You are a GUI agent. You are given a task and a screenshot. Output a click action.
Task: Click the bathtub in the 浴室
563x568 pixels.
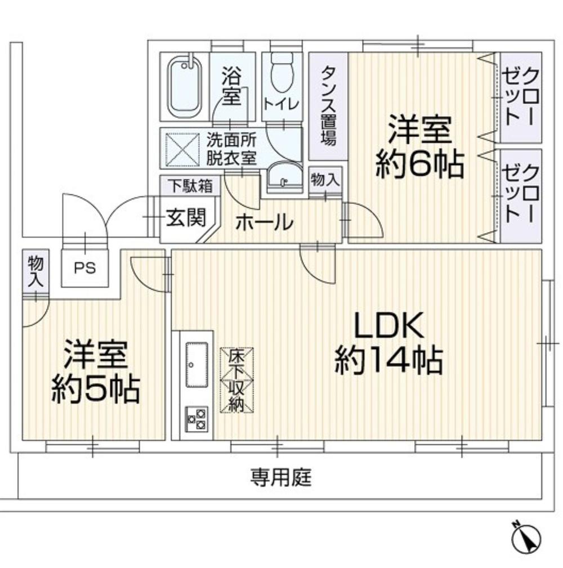tap(185, 87)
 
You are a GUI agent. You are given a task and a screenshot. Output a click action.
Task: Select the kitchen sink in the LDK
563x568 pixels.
tap(196, 365)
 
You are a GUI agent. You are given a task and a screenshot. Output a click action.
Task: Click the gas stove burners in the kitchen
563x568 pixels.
tap(196, 419)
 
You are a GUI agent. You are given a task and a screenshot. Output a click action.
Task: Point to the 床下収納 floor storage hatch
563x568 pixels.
tap(236, 379)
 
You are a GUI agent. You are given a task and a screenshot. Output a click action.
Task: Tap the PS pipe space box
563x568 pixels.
tap(85, 268)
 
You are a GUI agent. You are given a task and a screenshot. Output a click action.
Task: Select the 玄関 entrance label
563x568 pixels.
tap(186, 218)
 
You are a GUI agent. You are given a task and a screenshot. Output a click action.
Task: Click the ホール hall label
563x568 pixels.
tap(264, 222)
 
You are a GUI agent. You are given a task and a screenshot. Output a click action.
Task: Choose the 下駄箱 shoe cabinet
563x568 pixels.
tap(190, 186)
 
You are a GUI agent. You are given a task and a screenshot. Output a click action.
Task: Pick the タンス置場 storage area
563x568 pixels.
tap(328, 106)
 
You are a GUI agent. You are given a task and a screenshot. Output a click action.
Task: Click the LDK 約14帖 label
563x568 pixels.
tap(388, 342)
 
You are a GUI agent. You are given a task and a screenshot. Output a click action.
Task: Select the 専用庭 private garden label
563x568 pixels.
tap(281, 477)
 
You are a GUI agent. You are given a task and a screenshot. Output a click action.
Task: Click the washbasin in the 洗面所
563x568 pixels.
tap(285, 178)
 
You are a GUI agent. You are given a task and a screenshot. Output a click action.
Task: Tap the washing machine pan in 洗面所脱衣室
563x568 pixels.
tap(182, 149)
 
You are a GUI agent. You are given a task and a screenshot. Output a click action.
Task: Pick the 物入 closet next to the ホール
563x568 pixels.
tap(325, 180)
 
